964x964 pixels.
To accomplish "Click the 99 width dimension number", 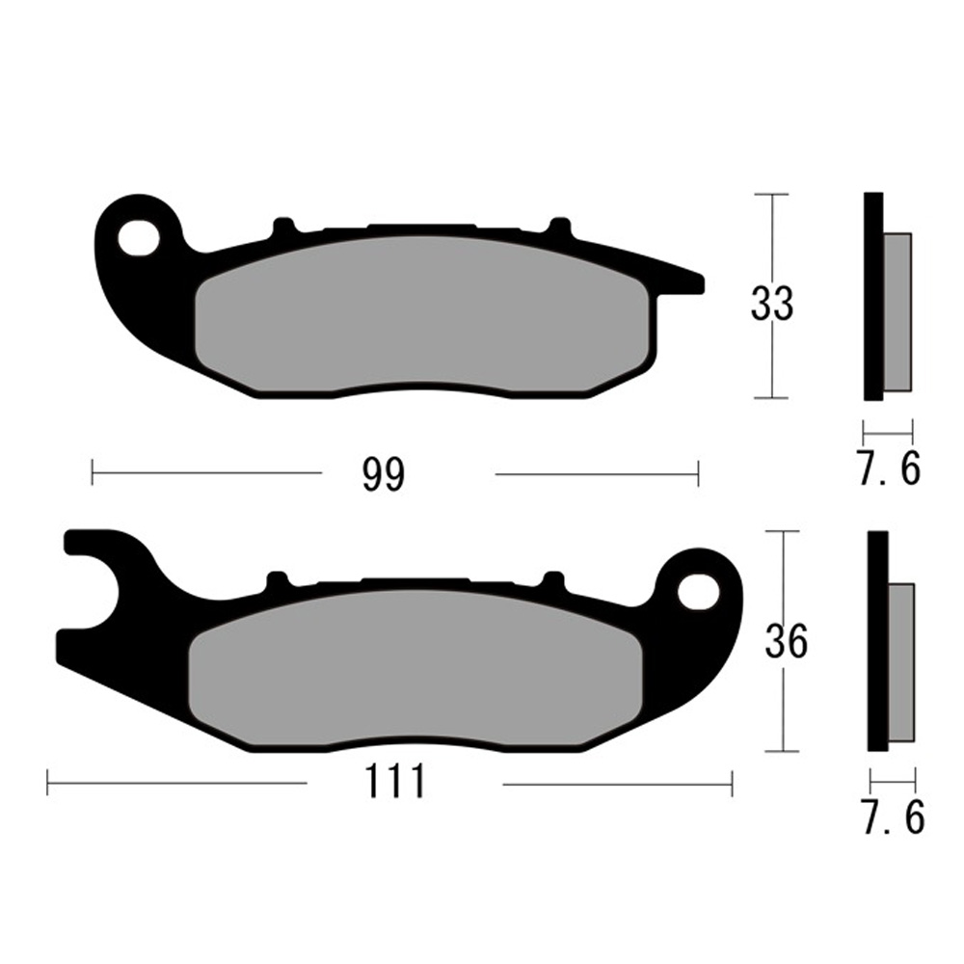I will click(x=384, y=474).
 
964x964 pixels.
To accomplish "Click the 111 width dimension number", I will click(x=395, y=783).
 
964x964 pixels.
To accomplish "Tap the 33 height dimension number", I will click(x=772, y=305).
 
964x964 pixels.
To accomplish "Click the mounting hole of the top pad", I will click(x=139, y=236).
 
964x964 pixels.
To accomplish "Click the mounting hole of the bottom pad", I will click(x=696, y=589).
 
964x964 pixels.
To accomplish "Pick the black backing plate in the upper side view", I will click(x=872, y=297).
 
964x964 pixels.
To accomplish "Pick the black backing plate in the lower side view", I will click(x=877, y=641).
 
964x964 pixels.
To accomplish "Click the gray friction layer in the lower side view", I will click(x=900, y=662).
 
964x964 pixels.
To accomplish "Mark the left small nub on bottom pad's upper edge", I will click(x=277, y=579).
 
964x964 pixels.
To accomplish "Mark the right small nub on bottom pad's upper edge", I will click(x=552, y=580).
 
